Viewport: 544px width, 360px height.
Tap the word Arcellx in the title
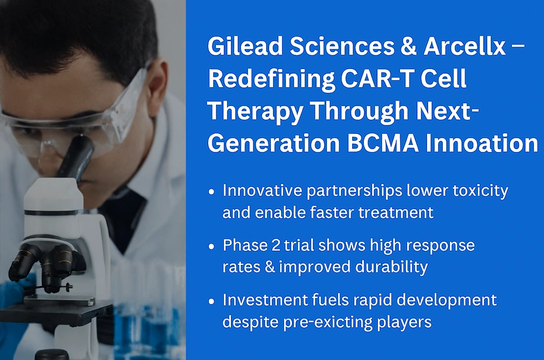(x=464, y=46)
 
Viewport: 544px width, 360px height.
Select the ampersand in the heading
(x=408, y=46)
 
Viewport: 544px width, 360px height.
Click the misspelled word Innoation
(x=482, y=143)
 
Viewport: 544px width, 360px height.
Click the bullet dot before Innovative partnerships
(x=211, y=192)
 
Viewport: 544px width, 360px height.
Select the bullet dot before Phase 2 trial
(x=211, y=247)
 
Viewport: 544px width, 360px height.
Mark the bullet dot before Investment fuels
(x=211, y=302)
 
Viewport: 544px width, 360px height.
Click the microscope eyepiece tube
(x=76, y=158)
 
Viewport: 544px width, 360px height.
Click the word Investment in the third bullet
(x=265, y=300)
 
